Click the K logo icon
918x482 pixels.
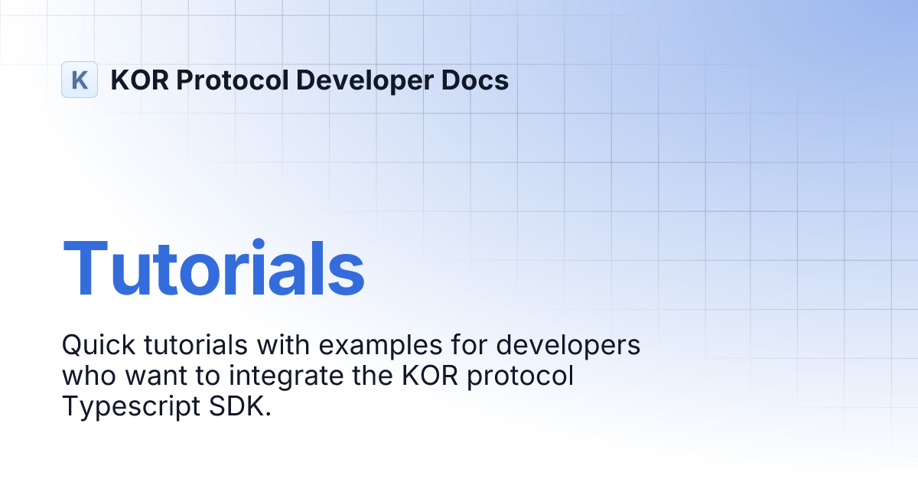[80, 80]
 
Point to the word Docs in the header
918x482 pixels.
[476, 80]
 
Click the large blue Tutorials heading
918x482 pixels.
[213, 269]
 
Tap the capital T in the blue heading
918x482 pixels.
[86, 269]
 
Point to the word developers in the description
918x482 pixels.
[570, 345]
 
